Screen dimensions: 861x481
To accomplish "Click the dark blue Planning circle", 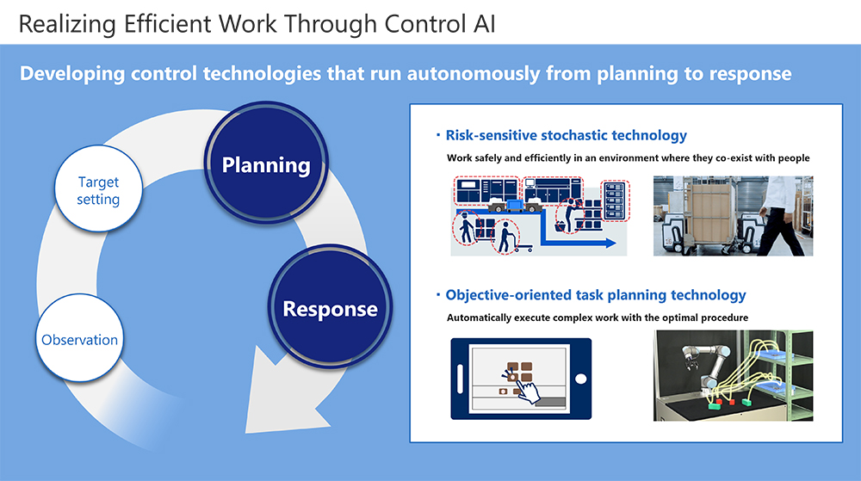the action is pyautogui.click(x=266, y=163).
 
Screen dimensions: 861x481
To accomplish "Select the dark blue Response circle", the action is pyautogui.click(x=330, y=306).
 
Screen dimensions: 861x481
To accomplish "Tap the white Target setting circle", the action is pyautogui.click(x=98, y=188).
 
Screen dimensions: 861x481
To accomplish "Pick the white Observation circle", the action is pyautogui.click(x=79, y=338).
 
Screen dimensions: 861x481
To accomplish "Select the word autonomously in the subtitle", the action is pyautogui.click(x=474, y=73).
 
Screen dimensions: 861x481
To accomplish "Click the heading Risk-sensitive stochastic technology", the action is pyautogui.click(x=567, y=135).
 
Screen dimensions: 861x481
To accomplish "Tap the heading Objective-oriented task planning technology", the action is pyautogui.click(x=596, y=295).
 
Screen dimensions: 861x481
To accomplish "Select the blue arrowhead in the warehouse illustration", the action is pyautogui.click(x=610, y=243).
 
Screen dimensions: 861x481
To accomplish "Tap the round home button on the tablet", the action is pyautogui.click(x=580, y=379).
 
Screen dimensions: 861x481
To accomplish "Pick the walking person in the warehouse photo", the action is pyautogui.click(x=783, y=215).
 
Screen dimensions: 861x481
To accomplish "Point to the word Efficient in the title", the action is pyautogui.click(x=167, y=24).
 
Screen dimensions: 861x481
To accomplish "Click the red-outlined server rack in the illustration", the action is pyautogui.click(x=615, y=200).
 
